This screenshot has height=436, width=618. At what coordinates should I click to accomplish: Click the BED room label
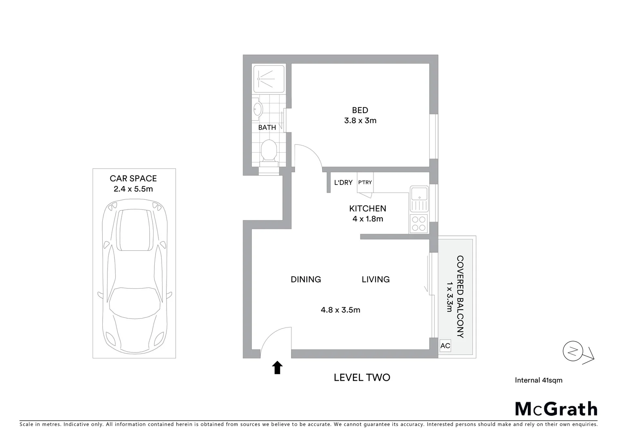pyautogui.click(x=360, y=110)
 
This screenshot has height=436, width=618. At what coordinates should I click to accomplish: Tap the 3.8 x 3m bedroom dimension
pyautogui.click(x=360, y=121)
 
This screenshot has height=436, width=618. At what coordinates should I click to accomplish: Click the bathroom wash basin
pyautogui.click(x=257, y=109)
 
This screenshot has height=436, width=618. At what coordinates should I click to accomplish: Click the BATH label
pyautogui.click(x=267, y=128)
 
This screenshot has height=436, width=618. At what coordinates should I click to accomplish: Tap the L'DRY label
pyautogui.click(x=343, y=182)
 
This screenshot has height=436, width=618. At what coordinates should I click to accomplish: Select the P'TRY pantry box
pyautogui.click(x=365, y=183)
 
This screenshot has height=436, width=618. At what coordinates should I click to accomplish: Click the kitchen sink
pyautogui.click(x=419, y=199)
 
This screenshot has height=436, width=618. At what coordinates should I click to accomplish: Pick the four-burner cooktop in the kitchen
pyautogui.click(x=419, y=224)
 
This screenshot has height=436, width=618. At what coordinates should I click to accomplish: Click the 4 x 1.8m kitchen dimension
pyautogui.click(x=367, y=219)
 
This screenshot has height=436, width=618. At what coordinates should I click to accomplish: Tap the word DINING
pyautogui.click(x=306, y=279)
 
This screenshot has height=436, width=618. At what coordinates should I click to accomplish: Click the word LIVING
pyautogui.click(x=375, y=279)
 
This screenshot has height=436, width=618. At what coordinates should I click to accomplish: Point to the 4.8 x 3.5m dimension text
pyautogui.click(x=340, y=310)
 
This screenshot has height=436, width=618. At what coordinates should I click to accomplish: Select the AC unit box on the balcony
pyautogui.click(x=445, y=346)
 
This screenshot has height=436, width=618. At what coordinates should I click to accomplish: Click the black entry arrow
pyautogui.click(x=277, y=367)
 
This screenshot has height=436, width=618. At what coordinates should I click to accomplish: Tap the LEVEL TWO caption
pyautogui.click(x=362, y=377)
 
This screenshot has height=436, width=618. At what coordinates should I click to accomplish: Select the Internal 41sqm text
pyautogui.click(x=538, y=380)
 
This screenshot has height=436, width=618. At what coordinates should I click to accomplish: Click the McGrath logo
pyautogui.click(x=556, y=409)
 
